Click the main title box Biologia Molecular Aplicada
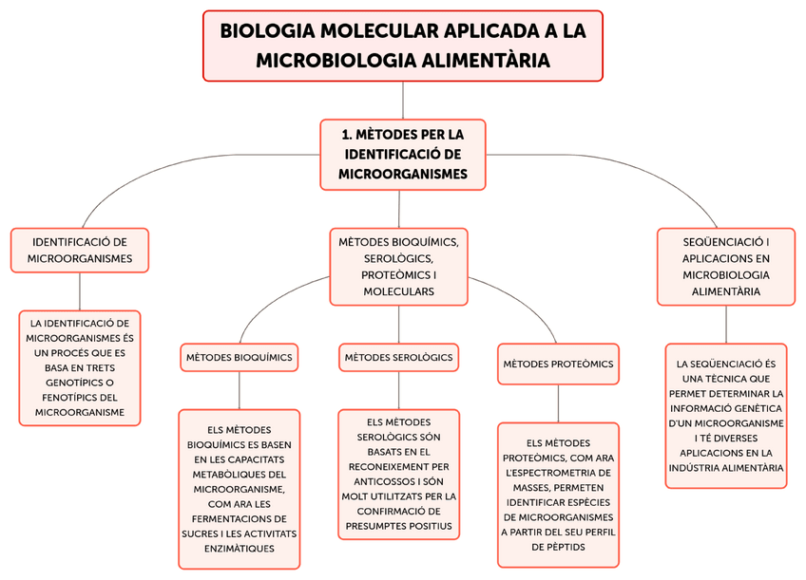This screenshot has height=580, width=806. pos(403,46)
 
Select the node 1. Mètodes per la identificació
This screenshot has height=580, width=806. pos(403,154)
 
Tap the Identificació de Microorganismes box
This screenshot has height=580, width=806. pos(80,250)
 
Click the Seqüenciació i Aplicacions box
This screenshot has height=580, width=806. pos(725,267)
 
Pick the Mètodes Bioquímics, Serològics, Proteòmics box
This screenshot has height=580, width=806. pos(398,267)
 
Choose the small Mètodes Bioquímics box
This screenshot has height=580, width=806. pos(239,357)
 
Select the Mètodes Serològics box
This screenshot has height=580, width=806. pos(398,357)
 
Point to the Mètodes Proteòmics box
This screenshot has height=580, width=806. pos(558,364)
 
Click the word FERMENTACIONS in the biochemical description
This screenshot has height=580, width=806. pos(239,519)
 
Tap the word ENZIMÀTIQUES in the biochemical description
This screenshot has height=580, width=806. pos(239,549)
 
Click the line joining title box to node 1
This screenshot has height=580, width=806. pos(403,101)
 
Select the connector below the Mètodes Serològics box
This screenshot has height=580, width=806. pos(398,390)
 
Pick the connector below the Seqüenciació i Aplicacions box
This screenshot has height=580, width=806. pos(726,324)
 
